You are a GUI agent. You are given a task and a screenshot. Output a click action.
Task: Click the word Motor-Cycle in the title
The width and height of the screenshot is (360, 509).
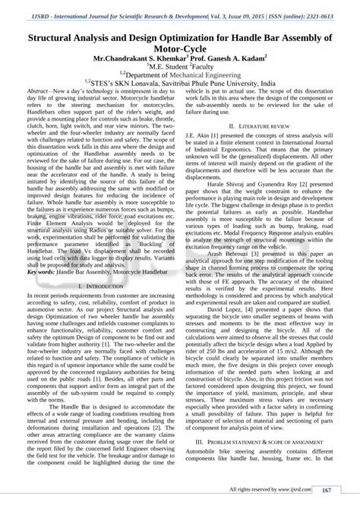click(180, 46)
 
